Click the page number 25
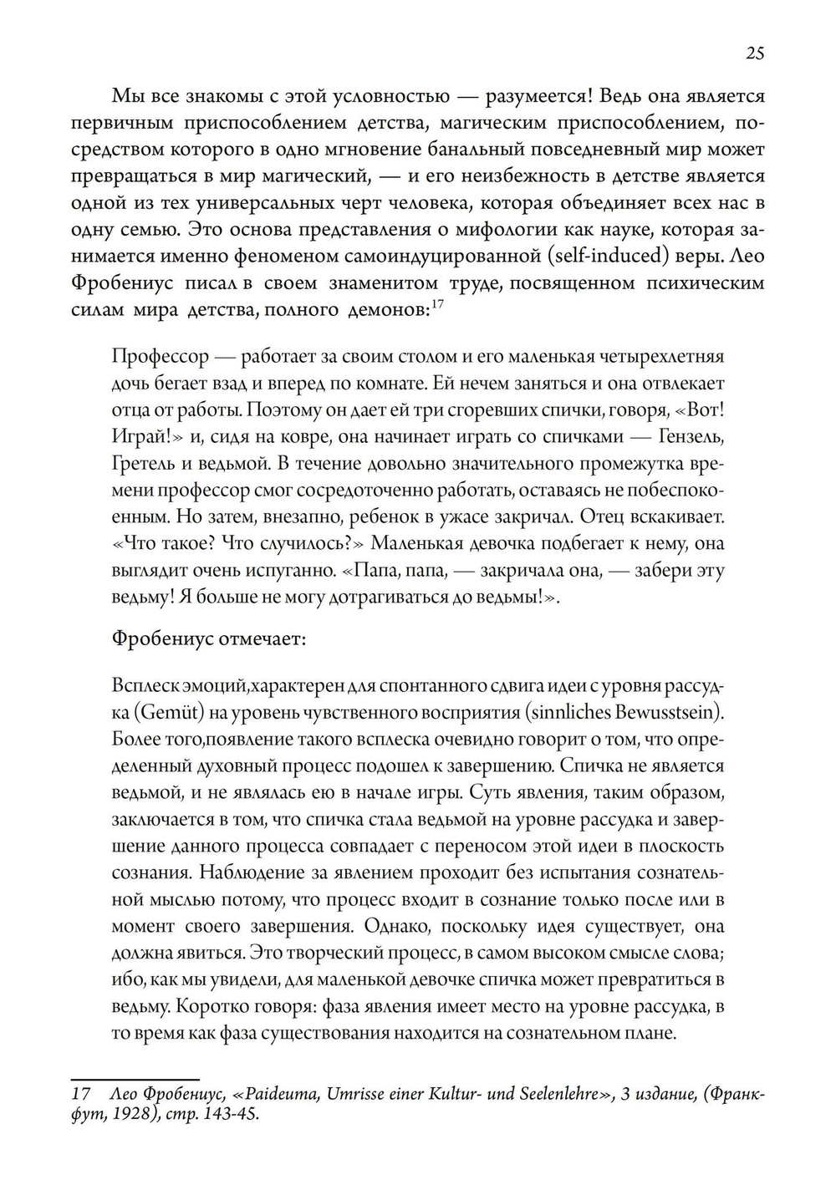point(754,53)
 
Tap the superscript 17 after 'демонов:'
point(437,304)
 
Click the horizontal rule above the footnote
point(135,1079)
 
